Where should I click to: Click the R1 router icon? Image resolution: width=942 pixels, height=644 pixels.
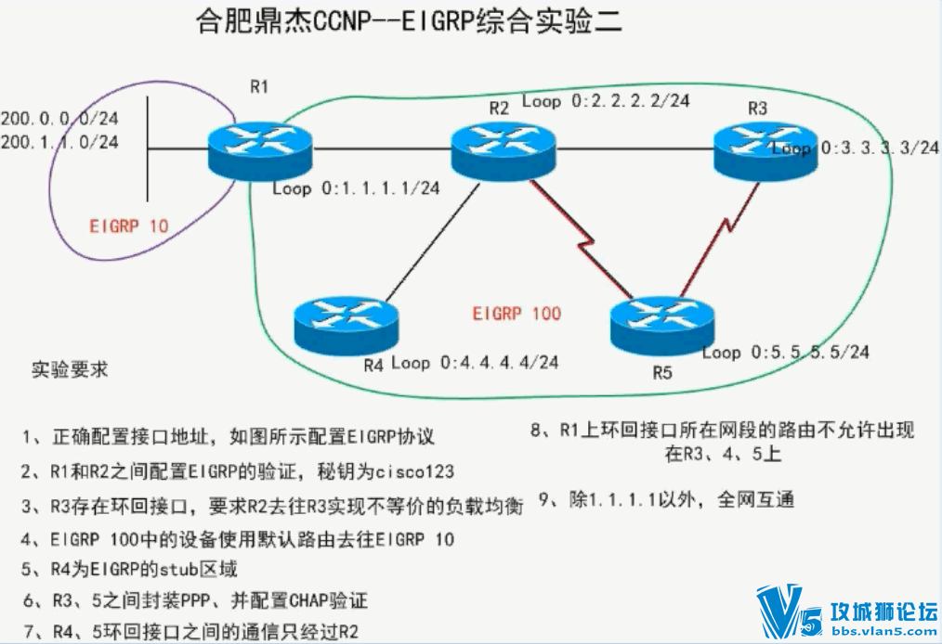pyautogui.click(x=260, y=150)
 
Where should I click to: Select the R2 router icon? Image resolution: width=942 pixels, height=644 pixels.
pyautogui.click(x=504, y=150)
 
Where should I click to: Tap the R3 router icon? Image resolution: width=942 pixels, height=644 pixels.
pyautogui.click(x=765, y=150)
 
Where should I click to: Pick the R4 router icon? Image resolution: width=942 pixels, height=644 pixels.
pyautogui.click(x=346, y=325)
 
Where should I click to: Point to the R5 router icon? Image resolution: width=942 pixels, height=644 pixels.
pyautogui.click(x=662, y=325)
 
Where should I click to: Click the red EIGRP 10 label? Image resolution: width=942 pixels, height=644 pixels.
pyautogui.click(x=128, y=226)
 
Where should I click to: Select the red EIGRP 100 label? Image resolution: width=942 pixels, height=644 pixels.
pyautogui.click(x=517, y=314)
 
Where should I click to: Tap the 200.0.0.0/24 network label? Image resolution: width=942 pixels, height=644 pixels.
pyautogui.click(x=59, y=118)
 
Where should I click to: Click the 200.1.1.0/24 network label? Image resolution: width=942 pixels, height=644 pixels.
pyautogui.click(x=59, y=142)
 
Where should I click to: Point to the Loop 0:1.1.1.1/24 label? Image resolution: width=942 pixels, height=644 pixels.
pyautogui.click(x=356, y=188)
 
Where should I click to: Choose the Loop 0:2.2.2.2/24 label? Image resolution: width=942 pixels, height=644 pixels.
pyautogui.click(x=606, y=100)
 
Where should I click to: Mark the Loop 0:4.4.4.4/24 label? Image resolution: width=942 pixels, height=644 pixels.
pyautogui.click(x=475, y=363)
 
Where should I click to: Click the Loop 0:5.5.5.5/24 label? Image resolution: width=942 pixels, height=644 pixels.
pyautogui.click(x=786, y=352)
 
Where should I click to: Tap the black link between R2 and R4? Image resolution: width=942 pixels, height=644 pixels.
pyautogui.click(x=433, y=242)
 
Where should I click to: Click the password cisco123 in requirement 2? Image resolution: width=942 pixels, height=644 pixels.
pyautogui.click(x=414, y=471)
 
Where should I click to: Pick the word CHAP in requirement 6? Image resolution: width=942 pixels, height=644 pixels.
pyautogui.click(x=308, y=600)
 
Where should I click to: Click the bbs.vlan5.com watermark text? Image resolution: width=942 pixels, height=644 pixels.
pyautogui.click(x=885, y=631)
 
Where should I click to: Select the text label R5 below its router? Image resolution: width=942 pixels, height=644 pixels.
pyautogui.click(x=662, y=373)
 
